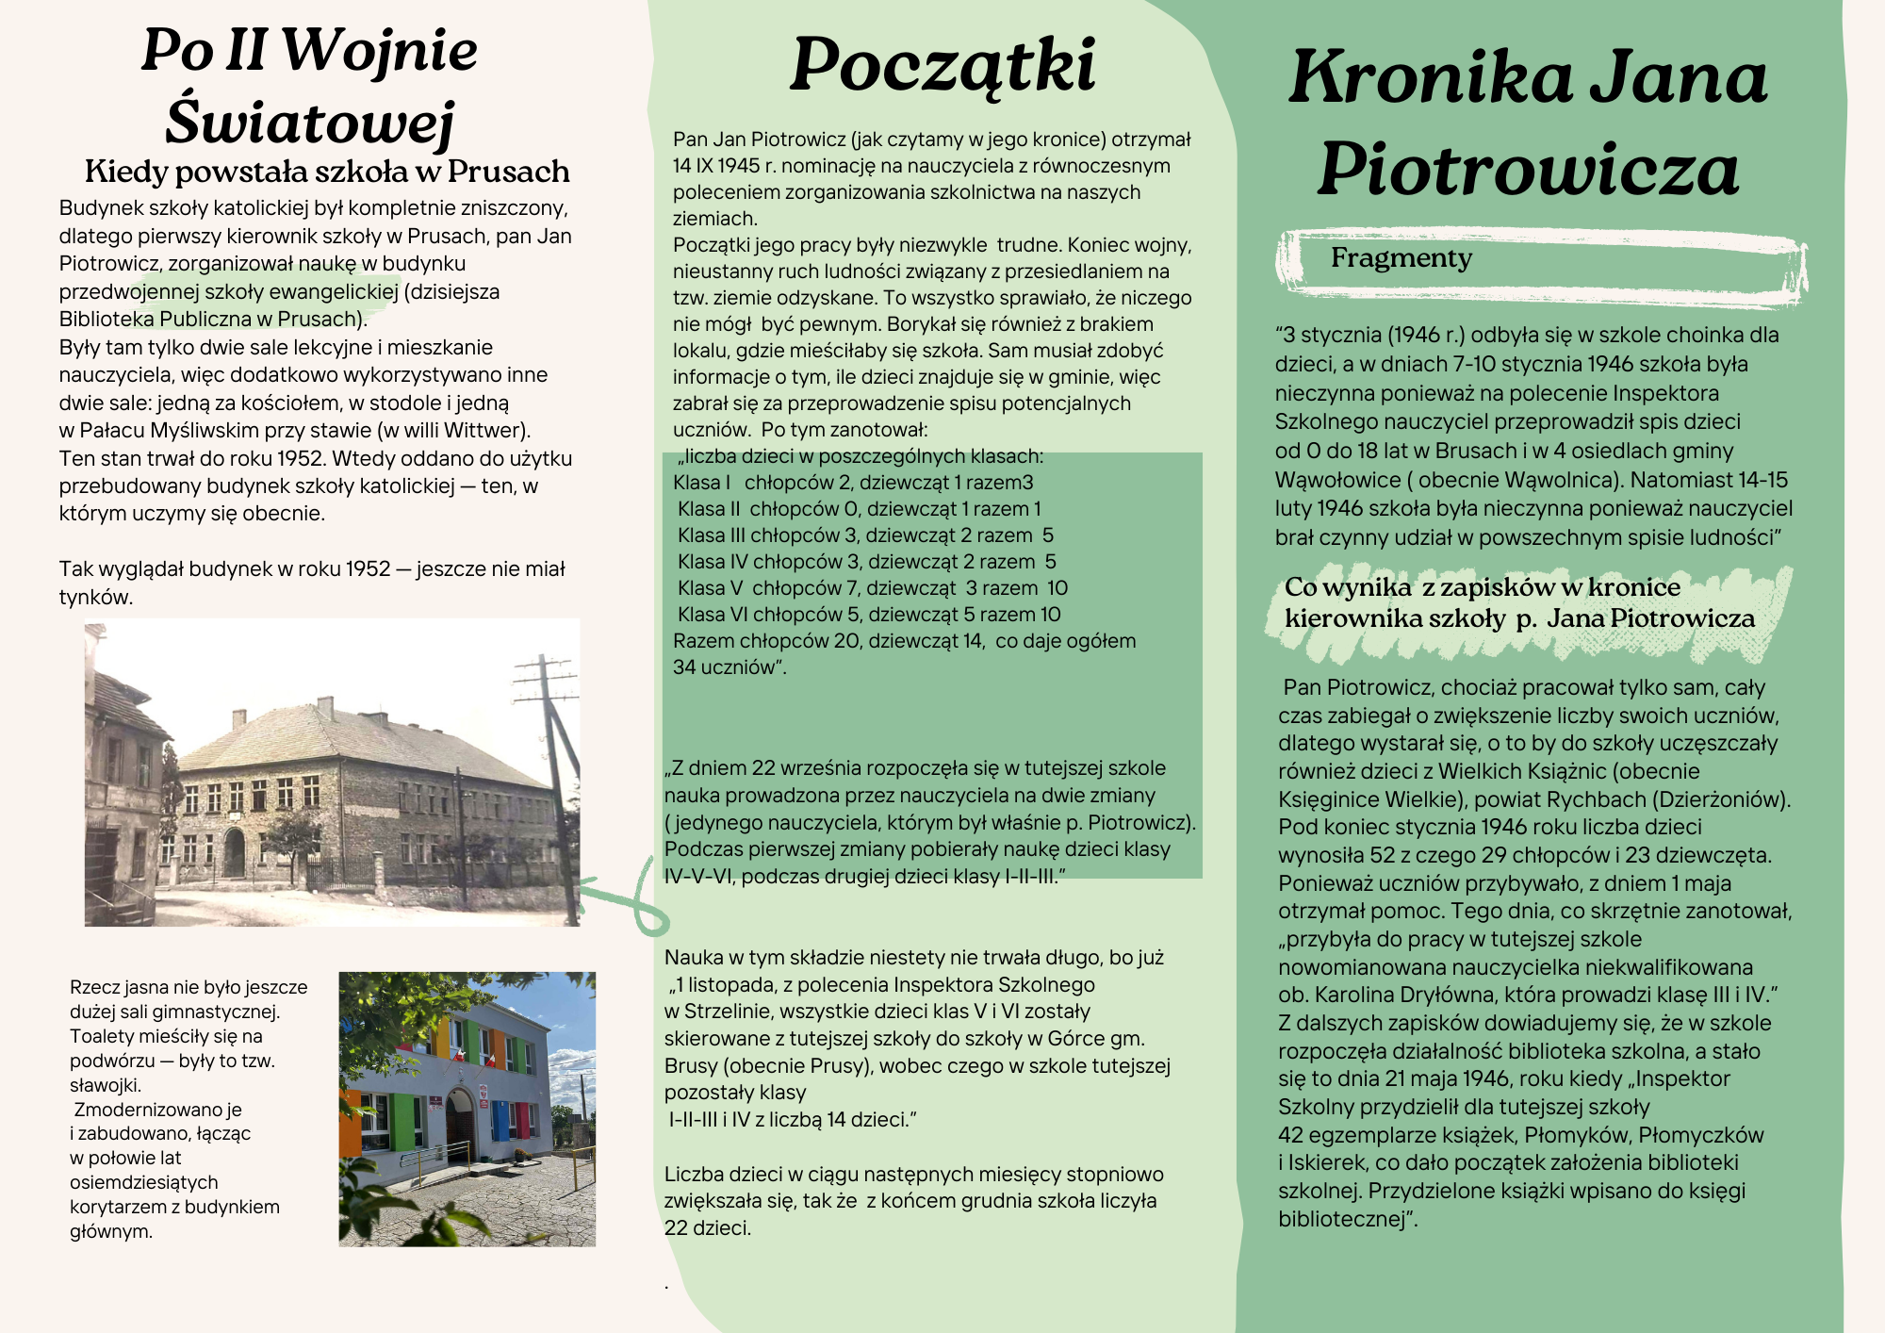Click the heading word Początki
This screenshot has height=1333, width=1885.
click(x=942, y=66)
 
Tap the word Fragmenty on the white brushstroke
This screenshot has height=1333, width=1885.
click(x=1401, y=257)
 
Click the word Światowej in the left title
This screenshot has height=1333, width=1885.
click(x=310, y=123)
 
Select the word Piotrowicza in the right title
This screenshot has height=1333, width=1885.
click(x=1528, y=170)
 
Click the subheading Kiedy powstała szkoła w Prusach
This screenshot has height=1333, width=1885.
click(x=327, y=172)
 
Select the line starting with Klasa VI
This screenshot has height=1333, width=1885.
click(x=868, y=615)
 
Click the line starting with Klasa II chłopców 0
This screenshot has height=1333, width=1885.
click(x=859, y=509)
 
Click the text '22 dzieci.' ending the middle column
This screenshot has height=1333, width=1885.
click(x=707, y=1228)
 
